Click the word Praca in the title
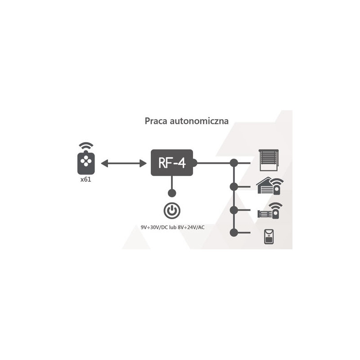(156, 121)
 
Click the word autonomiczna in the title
(199, 121)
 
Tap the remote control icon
(86, 162)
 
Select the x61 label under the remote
(86, 179)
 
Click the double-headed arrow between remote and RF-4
(123, 163)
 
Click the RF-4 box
(172, 163)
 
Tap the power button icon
(172, 211)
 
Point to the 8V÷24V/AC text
(191, 228)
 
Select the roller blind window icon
(269, 160)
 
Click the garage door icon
(270, 186)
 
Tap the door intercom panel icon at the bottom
(269, 237)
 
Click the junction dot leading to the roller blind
(234, 163)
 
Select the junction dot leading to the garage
(234, 187)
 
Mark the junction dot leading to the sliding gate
(234, 210)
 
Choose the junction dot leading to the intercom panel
(234, 233)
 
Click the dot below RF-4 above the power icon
(172, 193)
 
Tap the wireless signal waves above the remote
(86, 146)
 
